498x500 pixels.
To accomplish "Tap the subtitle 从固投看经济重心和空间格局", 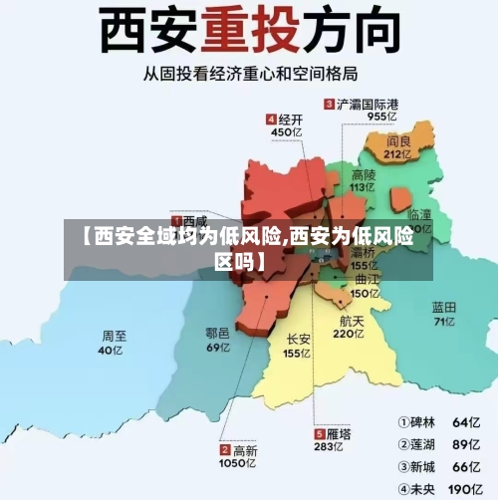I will click(x=248, y=77).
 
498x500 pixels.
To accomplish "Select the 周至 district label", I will click(x=115, y=336).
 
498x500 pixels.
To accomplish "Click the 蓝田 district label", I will click(x=444, y=307).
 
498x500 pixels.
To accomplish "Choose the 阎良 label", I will click(x=398, y=140).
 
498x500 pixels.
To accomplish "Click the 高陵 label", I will click(x=365, y=172).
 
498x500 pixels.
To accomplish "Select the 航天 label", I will click(x=352, y=322).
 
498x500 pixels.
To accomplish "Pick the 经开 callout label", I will click(x=292, y=119).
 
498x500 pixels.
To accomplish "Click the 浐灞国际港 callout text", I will click(x=368, y=104).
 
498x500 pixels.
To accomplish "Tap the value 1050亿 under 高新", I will click(x=238, y=464).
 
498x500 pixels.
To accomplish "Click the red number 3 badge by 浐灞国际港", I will click(x=329, y=104).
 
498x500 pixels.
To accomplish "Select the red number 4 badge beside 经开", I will click(x=270, y=119).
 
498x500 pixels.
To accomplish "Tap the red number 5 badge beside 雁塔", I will click(x=319, y=434).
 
